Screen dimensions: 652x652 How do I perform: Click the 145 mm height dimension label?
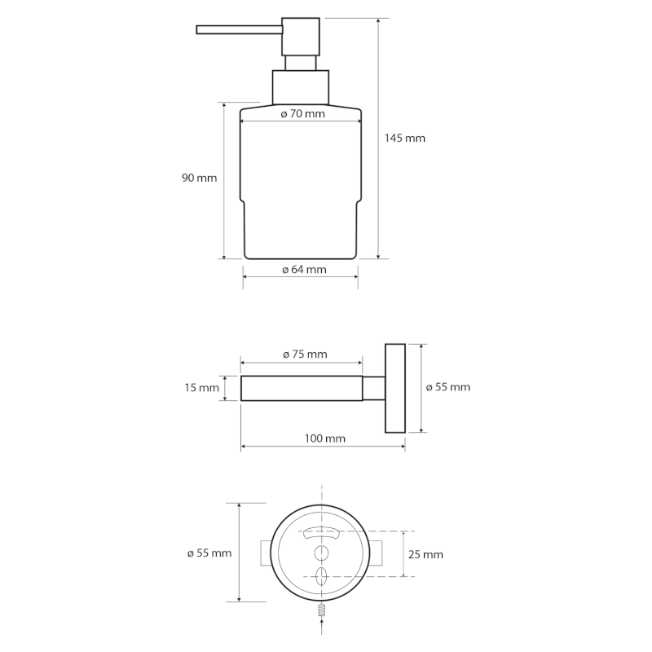point(405,139)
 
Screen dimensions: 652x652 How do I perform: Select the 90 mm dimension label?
point(199,178)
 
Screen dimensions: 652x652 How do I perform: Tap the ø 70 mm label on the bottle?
point(302,114)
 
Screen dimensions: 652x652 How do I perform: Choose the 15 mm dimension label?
point(201,388)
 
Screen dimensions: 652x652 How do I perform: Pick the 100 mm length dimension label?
point(324,438)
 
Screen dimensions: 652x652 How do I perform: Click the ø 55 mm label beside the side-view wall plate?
point(448,387)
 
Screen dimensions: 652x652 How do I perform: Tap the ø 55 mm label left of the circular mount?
point(209,553)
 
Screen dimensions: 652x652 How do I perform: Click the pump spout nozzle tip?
point(200,30)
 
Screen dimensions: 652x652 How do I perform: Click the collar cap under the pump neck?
point(299,86)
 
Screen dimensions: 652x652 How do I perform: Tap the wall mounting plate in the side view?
point(394,388)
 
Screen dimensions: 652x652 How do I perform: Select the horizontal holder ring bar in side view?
point(302,388)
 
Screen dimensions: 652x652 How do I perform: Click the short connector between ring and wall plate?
point(373,388)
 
